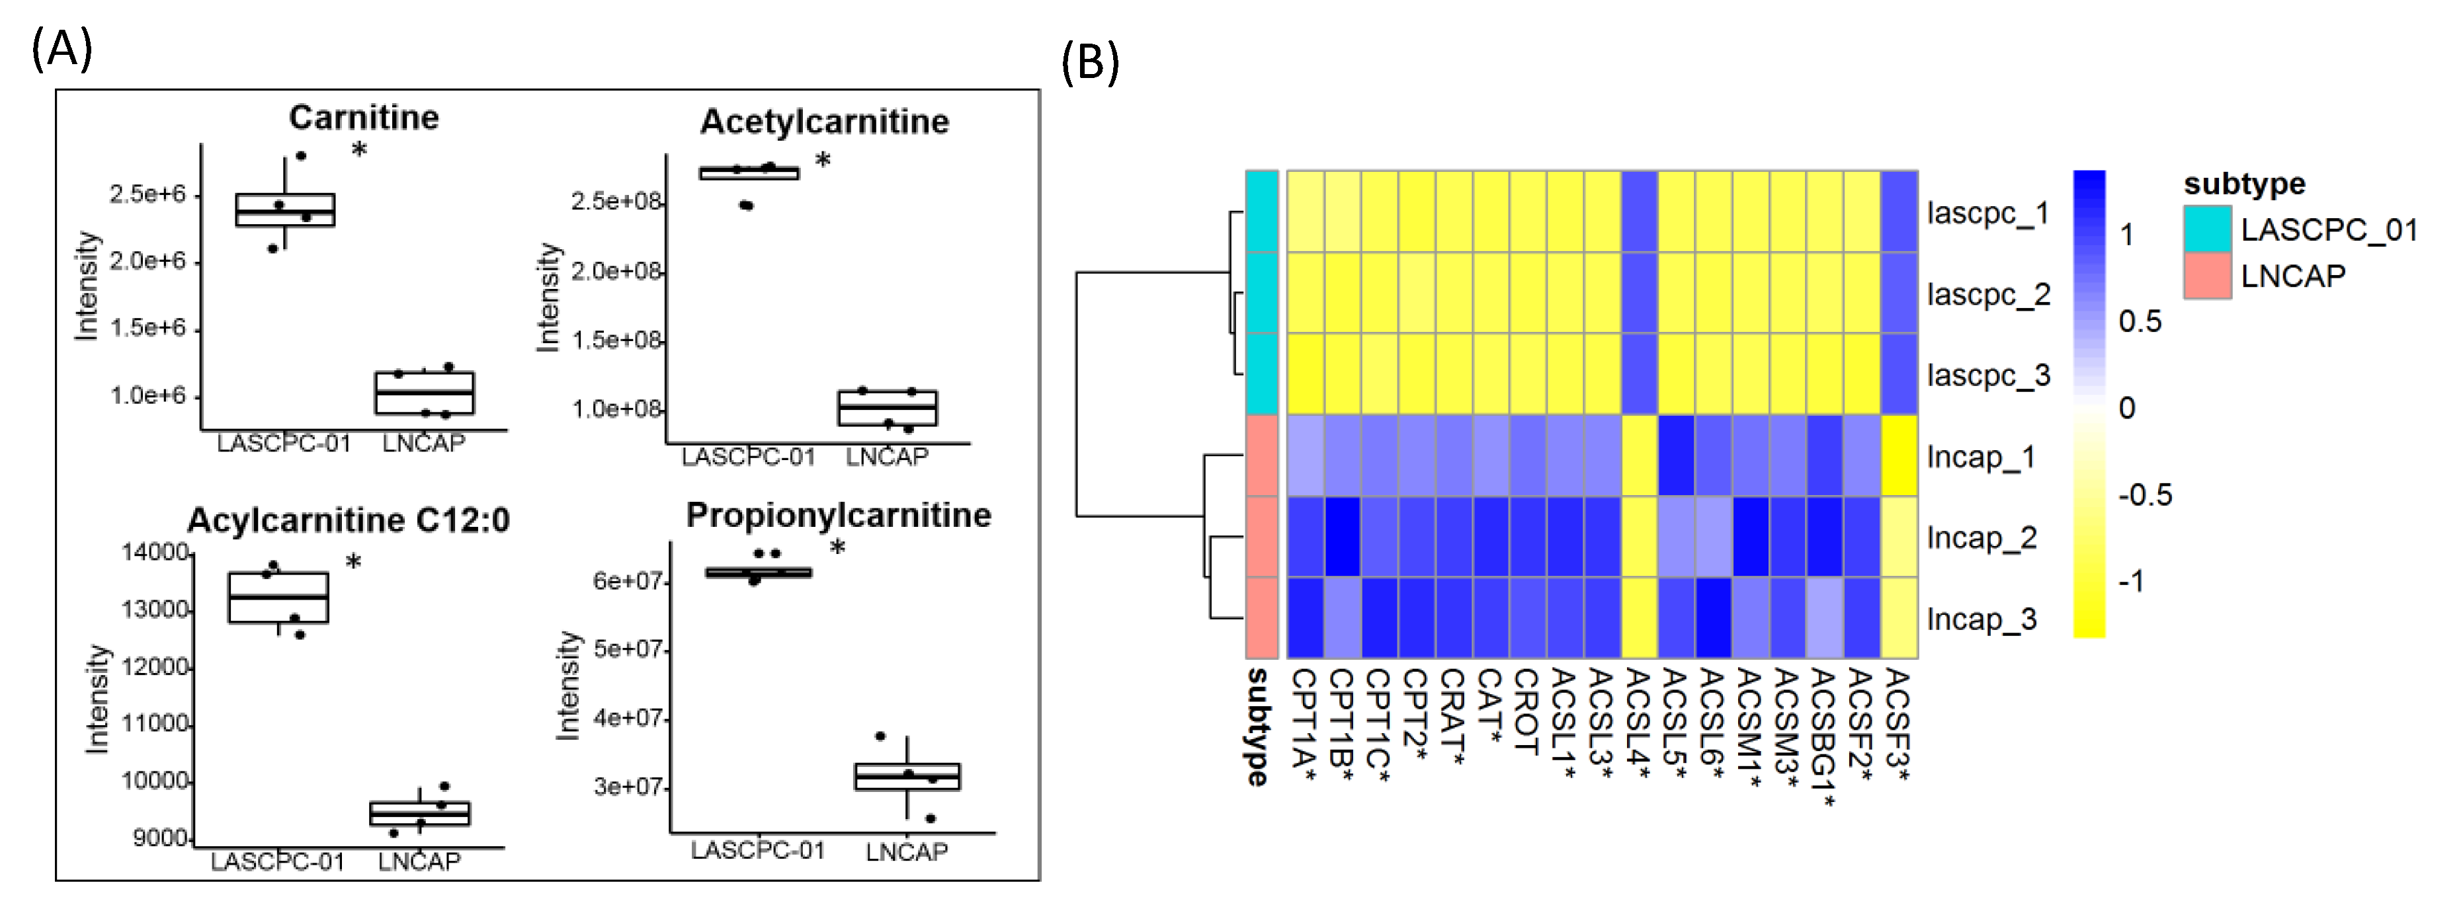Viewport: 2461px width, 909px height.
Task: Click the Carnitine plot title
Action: coord(364,118)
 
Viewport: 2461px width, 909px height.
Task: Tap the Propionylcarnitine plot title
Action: coord(838,516)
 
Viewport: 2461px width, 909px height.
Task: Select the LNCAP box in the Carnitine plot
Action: coord(424,393)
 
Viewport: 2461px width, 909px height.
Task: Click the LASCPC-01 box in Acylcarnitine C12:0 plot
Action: coord(278,598)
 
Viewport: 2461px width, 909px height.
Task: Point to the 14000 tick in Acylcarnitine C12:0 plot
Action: coord(155,552)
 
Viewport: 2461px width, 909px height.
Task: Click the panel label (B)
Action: coord(1089,63)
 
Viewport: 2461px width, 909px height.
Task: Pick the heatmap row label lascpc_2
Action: coord(1988,294)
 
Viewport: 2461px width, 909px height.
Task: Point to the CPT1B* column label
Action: coord(1341,726)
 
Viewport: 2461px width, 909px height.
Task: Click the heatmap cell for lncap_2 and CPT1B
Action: coord(1343,537)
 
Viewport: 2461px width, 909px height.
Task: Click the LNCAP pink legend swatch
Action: coord(2207,276)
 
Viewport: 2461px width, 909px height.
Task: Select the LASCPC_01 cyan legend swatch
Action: coord(2207,229)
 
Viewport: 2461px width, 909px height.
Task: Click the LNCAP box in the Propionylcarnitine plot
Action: coord(907,776)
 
